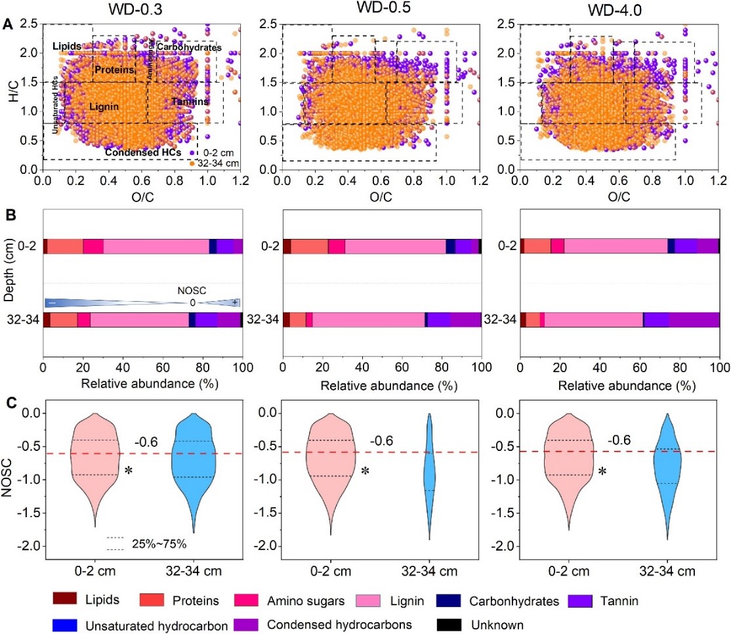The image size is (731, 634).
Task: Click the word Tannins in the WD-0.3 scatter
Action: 190,102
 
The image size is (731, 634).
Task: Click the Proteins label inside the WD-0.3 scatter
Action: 114,70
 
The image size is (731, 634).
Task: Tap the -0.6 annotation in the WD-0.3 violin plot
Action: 145,442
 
